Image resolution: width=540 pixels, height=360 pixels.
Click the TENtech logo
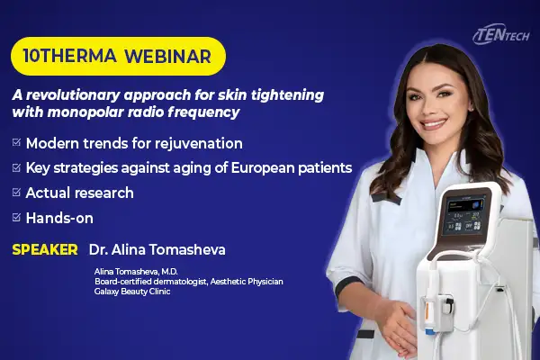(501, 35)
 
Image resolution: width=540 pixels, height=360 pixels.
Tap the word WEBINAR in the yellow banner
(167, 56)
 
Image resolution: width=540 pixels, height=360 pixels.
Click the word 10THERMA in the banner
(70, 56)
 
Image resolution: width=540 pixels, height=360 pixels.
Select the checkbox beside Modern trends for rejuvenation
(16, 142)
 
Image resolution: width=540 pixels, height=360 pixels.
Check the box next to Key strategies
(16, 167)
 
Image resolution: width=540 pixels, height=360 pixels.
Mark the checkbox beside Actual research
(16, 193)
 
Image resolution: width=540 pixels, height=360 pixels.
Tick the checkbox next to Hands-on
(16, 218)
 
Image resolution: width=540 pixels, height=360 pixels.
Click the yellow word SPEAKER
(45, 250)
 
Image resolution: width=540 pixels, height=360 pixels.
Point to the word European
(262, 168)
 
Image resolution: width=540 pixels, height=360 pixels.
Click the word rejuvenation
(199, 144)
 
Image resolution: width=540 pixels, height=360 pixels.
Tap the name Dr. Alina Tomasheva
(157, 250)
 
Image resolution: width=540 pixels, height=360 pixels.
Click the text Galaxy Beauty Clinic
(132, 292)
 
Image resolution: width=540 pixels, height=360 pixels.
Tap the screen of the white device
(463, 215)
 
